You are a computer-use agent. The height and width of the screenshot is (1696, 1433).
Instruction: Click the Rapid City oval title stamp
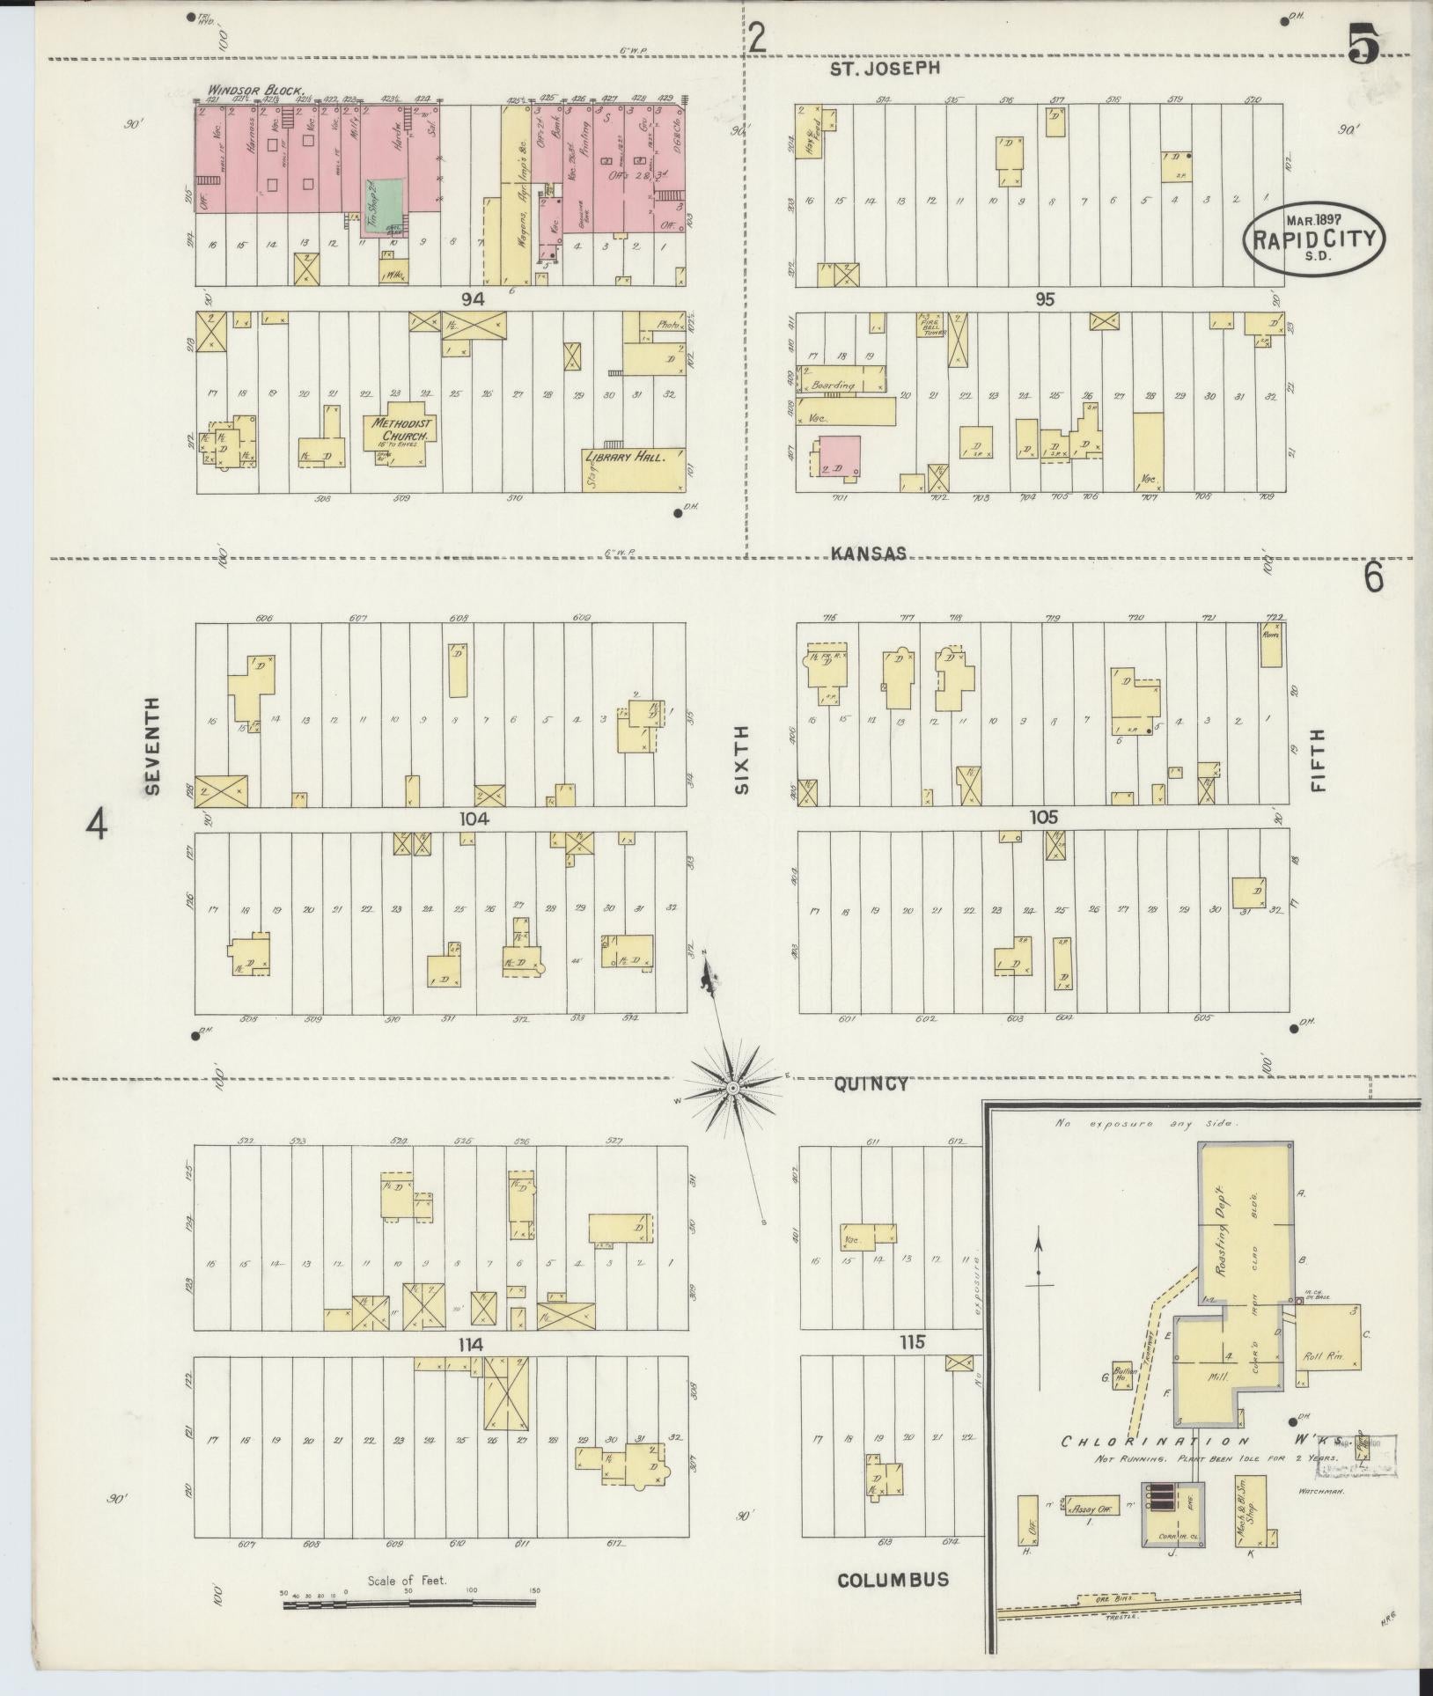coord(1314,239)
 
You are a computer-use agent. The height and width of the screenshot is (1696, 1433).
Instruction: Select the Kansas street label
coord(869,553)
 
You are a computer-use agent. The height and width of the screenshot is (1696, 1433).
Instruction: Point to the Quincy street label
coord(871,1083)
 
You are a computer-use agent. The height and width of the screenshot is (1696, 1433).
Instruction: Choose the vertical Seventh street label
coord(152,745)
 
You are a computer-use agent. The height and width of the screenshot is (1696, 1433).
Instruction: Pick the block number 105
coord(1043,818)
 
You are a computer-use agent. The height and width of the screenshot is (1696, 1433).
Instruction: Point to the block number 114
coord(473,1344)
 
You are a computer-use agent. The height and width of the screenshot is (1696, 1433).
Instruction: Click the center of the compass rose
coord(732,1090)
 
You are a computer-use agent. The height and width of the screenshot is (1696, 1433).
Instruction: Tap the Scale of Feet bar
coord(410,1604)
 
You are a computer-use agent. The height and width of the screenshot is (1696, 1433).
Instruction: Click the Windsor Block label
coord(256,90)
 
